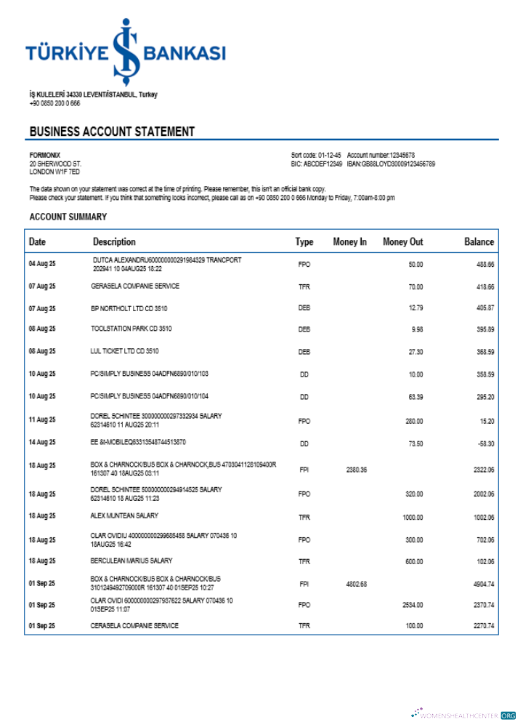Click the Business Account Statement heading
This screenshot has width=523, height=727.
pos(112,132)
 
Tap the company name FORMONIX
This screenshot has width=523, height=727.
pos(45,156)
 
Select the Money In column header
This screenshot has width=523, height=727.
pos(349,242)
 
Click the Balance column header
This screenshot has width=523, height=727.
pos(479,242)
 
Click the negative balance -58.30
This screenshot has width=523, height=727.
pos(485,443)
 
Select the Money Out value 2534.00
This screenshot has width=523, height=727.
pos(413,605)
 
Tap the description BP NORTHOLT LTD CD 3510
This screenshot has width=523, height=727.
pos(129,309)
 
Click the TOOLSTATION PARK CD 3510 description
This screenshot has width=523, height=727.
pos(131,329)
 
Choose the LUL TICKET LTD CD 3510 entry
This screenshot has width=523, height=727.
pos(124,351)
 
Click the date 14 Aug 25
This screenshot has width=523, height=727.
pos(42,442)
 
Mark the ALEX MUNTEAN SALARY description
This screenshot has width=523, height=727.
pos(124,516)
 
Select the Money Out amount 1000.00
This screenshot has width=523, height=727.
pos(413,518)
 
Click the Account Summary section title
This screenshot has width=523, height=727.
pos(68,217)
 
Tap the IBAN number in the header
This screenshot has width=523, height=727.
pos(392,164)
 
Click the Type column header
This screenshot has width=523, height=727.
pos(304,242)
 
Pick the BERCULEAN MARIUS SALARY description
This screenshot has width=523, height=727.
pos(131,561)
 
